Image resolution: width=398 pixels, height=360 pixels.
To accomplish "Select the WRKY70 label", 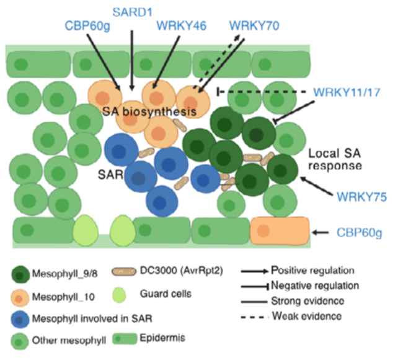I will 254,25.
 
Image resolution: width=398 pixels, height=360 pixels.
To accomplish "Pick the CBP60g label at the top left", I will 87,25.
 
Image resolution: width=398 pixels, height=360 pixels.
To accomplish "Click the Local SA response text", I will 335,159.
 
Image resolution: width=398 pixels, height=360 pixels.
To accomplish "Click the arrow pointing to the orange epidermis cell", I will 321,232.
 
